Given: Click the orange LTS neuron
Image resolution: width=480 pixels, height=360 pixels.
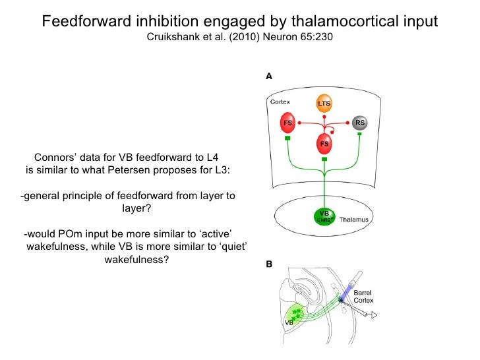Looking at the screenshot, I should [x=324, y=104].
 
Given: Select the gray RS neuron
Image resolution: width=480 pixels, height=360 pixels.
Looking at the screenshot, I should [x=359, y=123].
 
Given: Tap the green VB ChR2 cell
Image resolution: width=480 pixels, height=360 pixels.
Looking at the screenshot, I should [x=324, y=216].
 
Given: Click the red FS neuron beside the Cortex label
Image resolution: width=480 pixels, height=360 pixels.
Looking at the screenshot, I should [x=288, y=123].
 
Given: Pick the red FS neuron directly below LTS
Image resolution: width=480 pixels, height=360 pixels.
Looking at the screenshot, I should [x=324, y=142].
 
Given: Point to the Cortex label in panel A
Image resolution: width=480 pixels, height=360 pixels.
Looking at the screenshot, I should [x=281, y=103].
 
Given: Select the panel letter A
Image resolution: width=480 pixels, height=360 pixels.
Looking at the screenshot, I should [x=269, y=76].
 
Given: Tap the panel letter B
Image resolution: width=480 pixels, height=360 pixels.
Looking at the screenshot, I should [x=269, y=264].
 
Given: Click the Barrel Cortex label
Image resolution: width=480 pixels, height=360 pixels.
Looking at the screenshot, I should [x=363, y=296].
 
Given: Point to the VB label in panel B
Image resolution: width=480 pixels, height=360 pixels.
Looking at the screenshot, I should [x=289, y=324].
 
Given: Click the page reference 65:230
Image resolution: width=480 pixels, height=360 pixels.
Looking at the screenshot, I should [x=316, y=37].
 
